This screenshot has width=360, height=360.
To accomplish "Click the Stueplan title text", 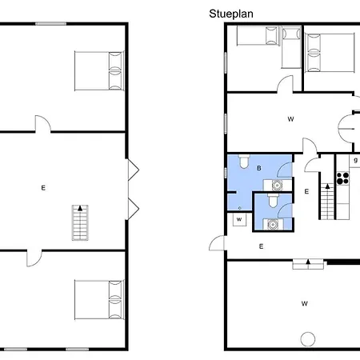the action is click(231, 14).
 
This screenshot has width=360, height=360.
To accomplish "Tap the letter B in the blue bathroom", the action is click(259, 168).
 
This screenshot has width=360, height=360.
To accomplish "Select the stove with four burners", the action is click(342, 178).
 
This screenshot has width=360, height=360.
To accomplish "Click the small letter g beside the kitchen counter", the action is click(355, 161).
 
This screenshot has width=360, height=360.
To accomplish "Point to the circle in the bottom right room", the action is click(308, 339).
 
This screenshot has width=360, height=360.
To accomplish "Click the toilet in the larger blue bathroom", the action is click(244, 162).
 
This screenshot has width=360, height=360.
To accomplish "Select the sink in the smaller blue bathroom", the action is click(273, 224).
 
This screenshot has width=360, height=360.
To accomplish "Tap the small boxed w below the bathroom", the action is click(239, 220).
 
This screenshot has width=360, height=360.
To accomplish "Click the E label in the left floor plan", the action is click(43, 188).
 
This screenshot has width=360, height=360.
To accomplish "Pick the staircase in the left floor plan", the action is click(80, 222).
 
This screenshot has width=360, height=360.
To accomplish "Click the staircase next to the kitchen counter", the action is click(327, 202).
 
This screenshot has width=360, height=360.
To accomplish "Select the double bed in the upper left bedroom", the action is click(99, 71).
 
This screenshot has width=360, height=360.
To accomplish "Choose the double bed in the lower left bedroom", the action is click(99, 299).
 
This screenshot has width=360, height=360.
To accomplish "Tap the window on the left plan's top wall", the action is click(51, 24).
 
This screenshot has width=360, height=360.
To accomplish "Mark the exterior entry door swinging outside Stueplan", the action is click(218, 243).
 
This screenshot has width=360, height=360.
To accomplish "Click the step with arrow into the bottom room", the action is click(308, 265).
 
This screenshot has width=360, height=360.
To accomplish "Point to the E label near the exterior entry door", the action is click(261, 246).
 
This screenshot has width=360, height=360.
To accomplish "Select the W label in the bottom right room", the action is click(305, 303).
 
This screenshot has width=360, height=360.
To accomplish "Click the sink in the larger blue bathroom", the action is click(277, 185).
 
